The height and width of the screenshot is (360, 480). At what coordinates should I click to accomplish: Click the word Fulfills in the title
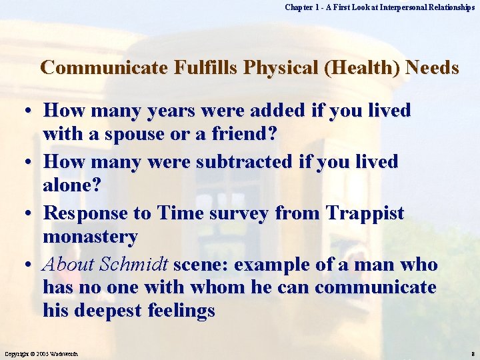[202, 68]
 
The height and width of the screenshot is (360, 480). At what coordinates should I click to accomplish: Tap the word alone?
[72, 185]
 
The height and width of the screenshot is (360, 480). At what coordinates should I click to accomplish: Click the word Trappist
[365, 213]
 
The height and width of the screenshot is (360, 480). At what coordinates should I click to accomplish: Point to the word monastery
[90, 237]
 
